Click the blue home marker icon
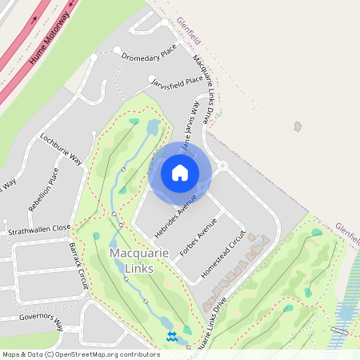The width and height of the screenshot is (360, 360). [180, 173]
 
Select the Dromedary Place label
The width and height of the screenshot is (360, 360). [148, 56]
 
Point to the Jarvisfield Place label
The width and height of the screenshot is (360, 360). [176, 80]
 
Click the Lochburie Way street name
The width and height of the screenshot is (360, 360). [62, 148]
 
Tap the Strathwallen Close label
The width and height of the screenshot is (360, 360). [39, 228]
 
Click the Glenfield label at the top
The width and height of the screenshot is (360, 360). [190, 30]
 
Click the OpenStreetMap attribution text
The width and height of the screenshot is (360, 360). [81, 354]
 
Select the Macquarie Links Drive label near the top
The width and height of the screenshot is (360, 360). [203, 88]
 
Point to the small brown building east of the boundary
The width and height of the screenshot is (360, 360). [298, 126]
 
